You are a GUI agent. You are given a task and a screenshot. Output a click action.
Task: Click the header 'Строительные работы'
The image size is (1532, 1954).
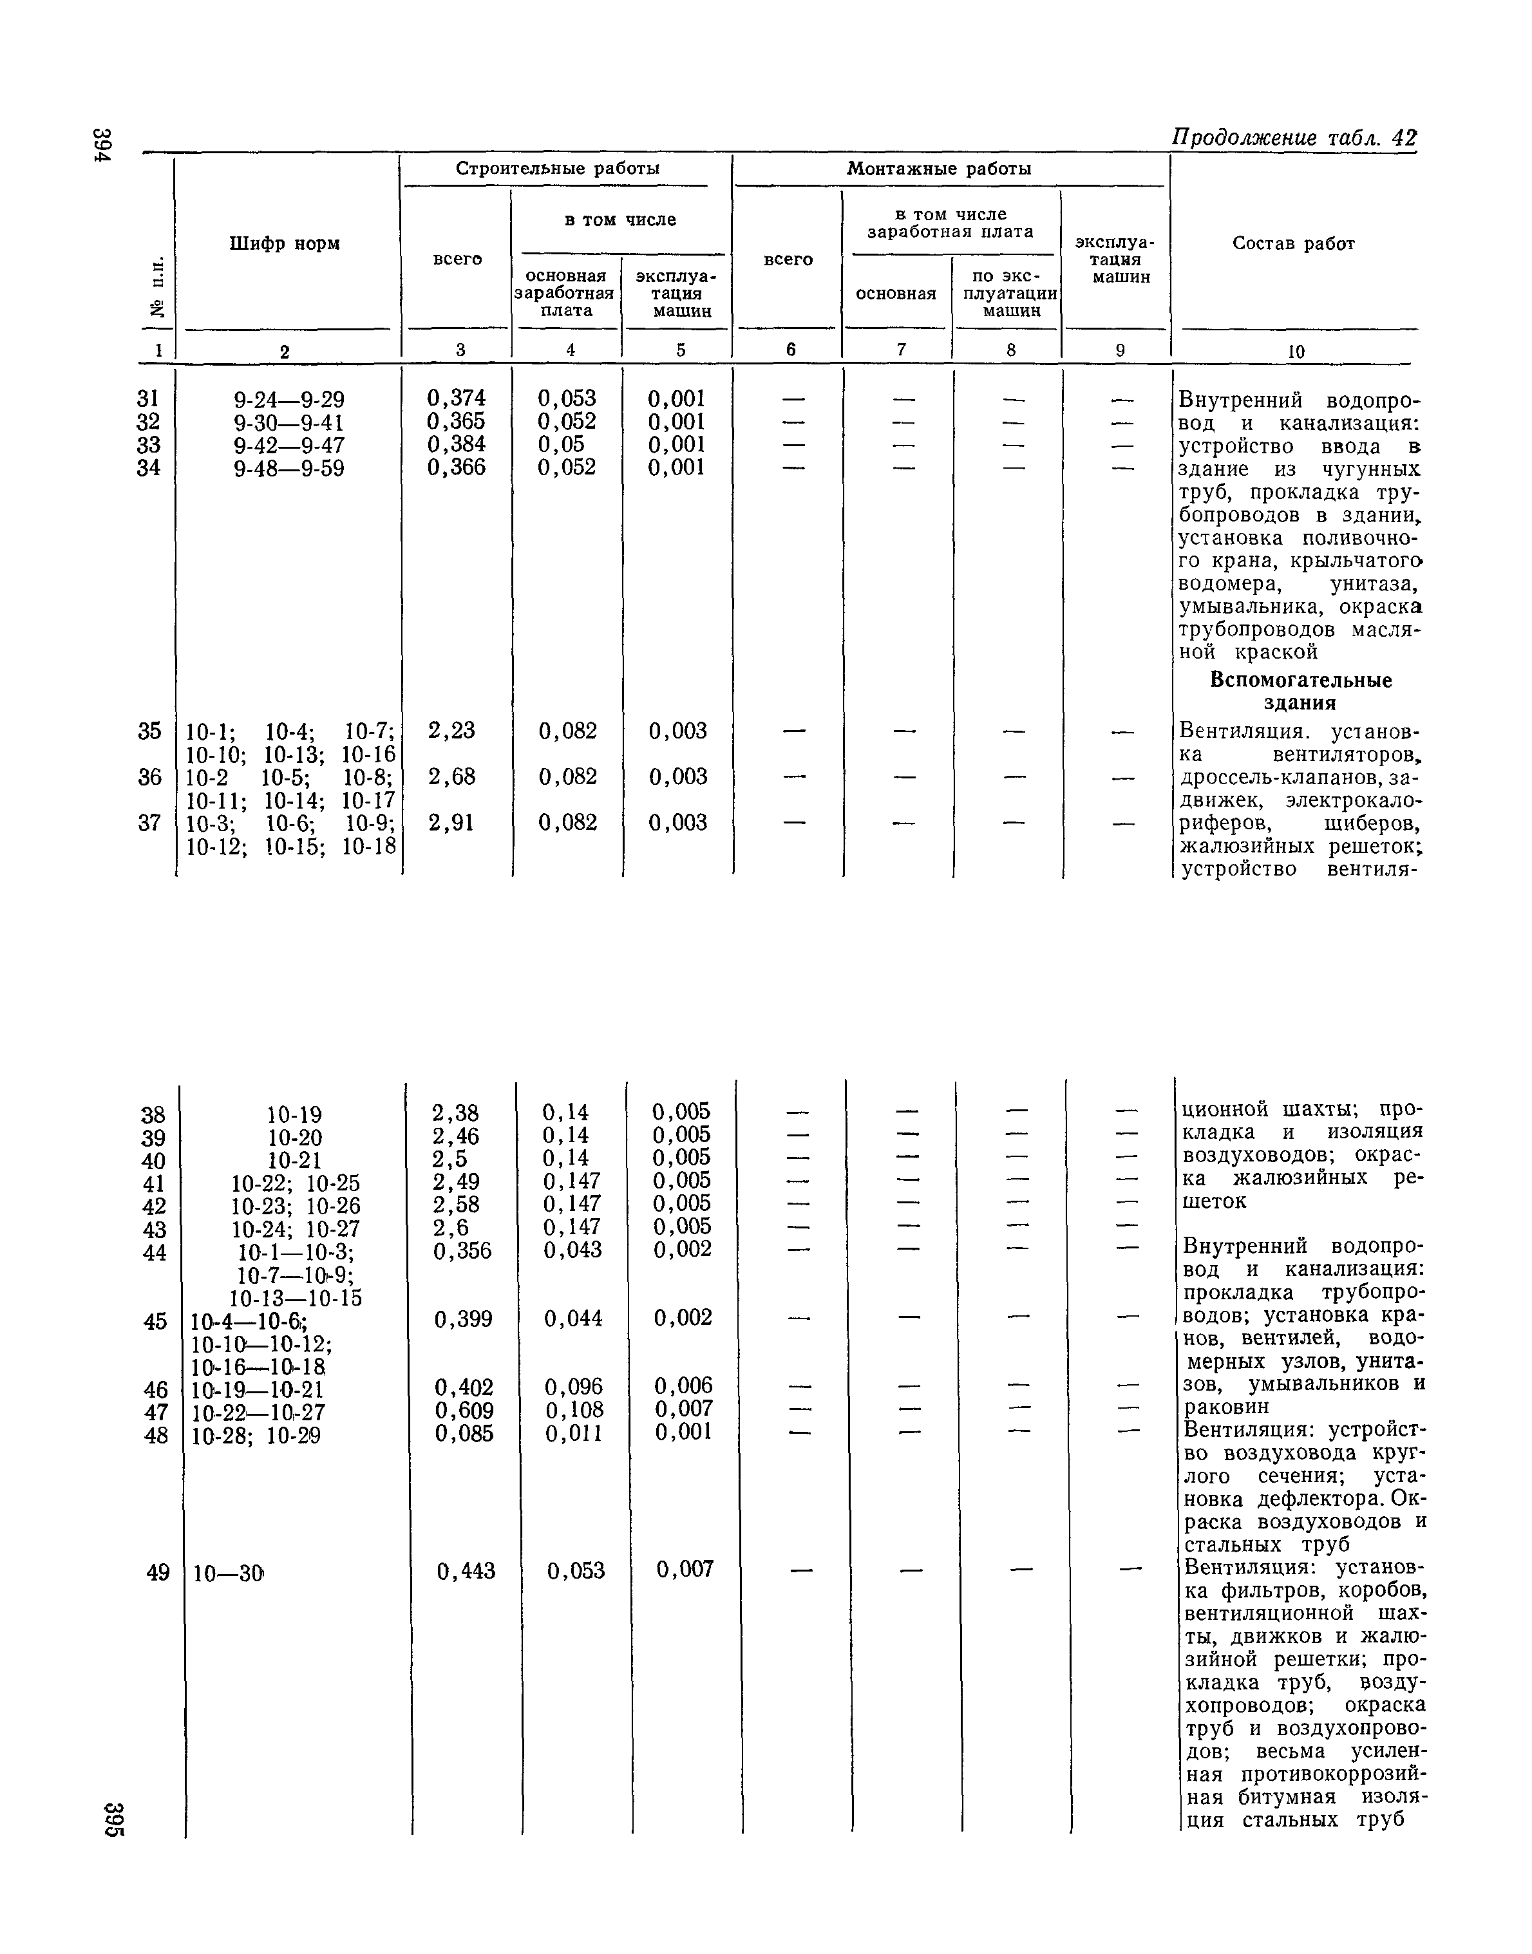(x=558, y=169)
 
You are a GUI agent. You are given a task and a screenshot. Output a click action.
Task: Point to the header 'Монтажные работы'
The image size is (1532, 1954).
(x=938, y=169)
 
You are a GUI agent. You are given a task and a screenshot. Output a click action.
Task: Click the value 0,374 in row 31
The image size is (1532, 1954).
(x=456, y=398)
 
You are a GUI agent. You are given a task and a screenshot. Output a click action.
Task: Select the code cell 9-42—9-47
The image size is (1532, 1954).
(x=288, y=446)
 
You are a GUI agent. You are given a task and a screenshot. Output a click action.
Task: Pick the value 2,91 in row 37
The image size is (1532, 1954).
(x=451, y=822)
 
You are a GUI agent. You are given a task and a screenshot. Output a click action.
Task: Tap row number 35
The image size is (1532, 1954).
(x=150, y=731)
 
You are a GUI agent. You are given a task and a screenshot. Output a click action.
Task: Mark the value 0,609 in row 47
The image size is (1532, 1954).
(x=464, y=1411)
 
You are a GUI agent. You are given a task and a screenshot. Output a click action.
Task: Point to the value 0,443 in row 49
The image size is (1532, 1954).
(x=466, y=1571)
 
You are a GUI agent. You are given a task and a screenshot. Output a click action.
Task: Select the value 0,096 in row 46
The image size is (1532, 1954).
(x=573, y=1387)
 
